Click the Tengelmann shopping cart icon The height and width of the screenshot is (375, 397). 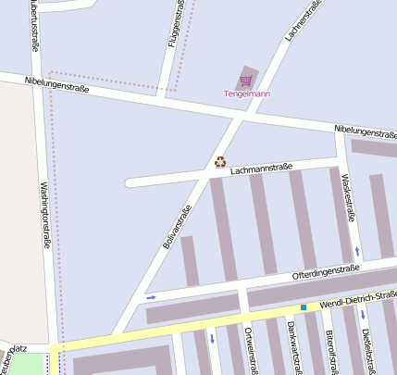click(x=245, y=81)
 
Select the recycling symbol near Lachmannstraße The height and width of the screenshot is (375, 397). click(x=220, y=161)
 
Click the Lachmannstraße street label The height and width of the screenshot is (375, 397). click(x=261, y=169)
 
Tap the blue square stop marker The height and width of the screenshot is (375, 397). click(x=303, y=306)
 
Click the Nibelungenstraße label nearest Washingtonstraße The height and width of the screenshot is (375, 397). click(x=57, y=88)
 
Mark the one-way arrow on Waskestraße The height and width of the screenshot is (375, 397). click(x=357, y=250)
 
